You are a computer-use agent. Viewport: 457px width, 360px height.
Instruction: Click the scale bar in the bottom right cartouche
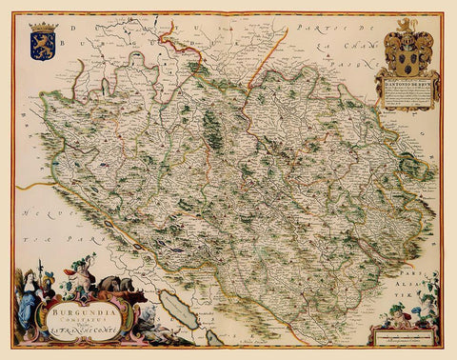[400, 337]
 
